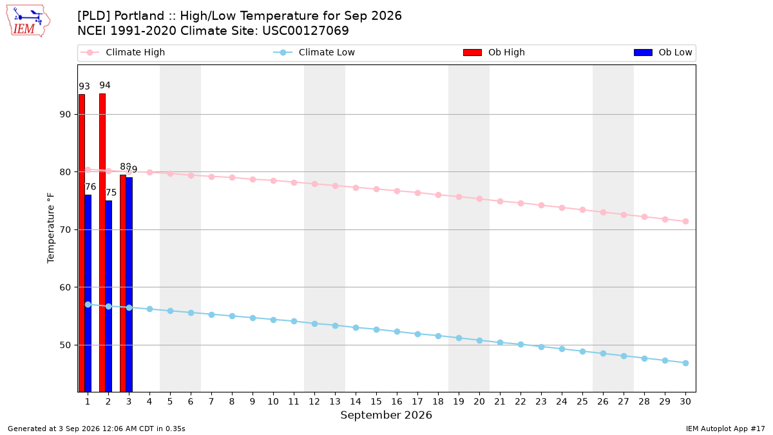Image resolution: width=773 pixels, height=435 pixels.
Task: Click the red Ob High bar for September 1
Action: (x=81, y=243)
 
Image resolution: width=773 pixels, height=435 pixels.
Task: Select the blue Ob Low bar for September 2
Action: (x=108, y=296)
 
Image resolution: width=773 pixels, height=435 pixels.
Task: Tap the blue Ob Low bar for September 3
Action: (x=129, y=285)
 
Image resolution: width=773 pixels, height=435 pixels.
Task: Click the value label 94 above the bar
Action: (x=105, y=85)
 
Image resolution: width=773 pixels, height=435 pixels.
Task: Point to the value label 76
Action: (x=90, y=187)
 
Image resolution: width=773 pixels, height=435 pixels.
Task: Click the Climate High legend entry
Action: (x=123, y=52)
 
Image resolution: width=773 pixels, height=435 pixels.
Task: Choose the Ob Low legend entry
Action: (x=663, y=52)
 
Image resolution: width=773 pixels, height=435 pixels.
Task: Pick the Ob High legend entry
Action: (x=494, y=52)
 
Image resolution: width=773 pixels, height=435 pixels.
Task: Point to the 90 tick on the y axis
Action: (x=65, y=114)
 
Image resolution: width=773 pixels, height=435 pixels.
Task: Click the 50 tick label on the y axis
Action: (x=65, y=345)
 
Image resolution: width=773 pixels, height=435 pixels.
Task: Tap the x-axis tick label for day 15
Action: (x=376, y=401)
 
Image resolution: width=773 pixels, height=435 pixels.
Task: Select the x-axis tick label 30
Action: (x=685, y=401)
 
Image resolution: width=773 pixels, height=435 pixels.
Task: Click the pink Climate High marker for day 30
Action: (x=685, y=221)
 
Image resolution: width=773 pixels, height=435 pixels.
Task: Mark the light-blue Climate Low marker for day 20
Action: (x=479, y=340)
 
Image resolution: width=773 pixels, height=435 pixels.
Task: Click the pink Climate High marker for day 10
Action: (x=273, y=180)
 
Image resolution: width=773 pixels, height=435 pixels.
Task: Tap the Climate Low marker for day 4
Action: (x=149, y=309)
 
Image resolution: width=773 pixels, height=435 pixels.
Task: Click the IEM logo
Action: (x=28, y=21)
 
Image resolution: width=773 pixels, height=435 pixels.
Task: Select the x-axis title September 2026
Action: (x=386, y=415)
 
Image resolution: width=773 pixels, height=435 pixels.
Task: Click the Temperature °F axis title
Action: (x=51, y=228)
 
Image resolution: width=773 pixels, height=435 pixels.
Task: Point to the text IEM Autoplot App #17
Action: (x=725, y=429)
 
